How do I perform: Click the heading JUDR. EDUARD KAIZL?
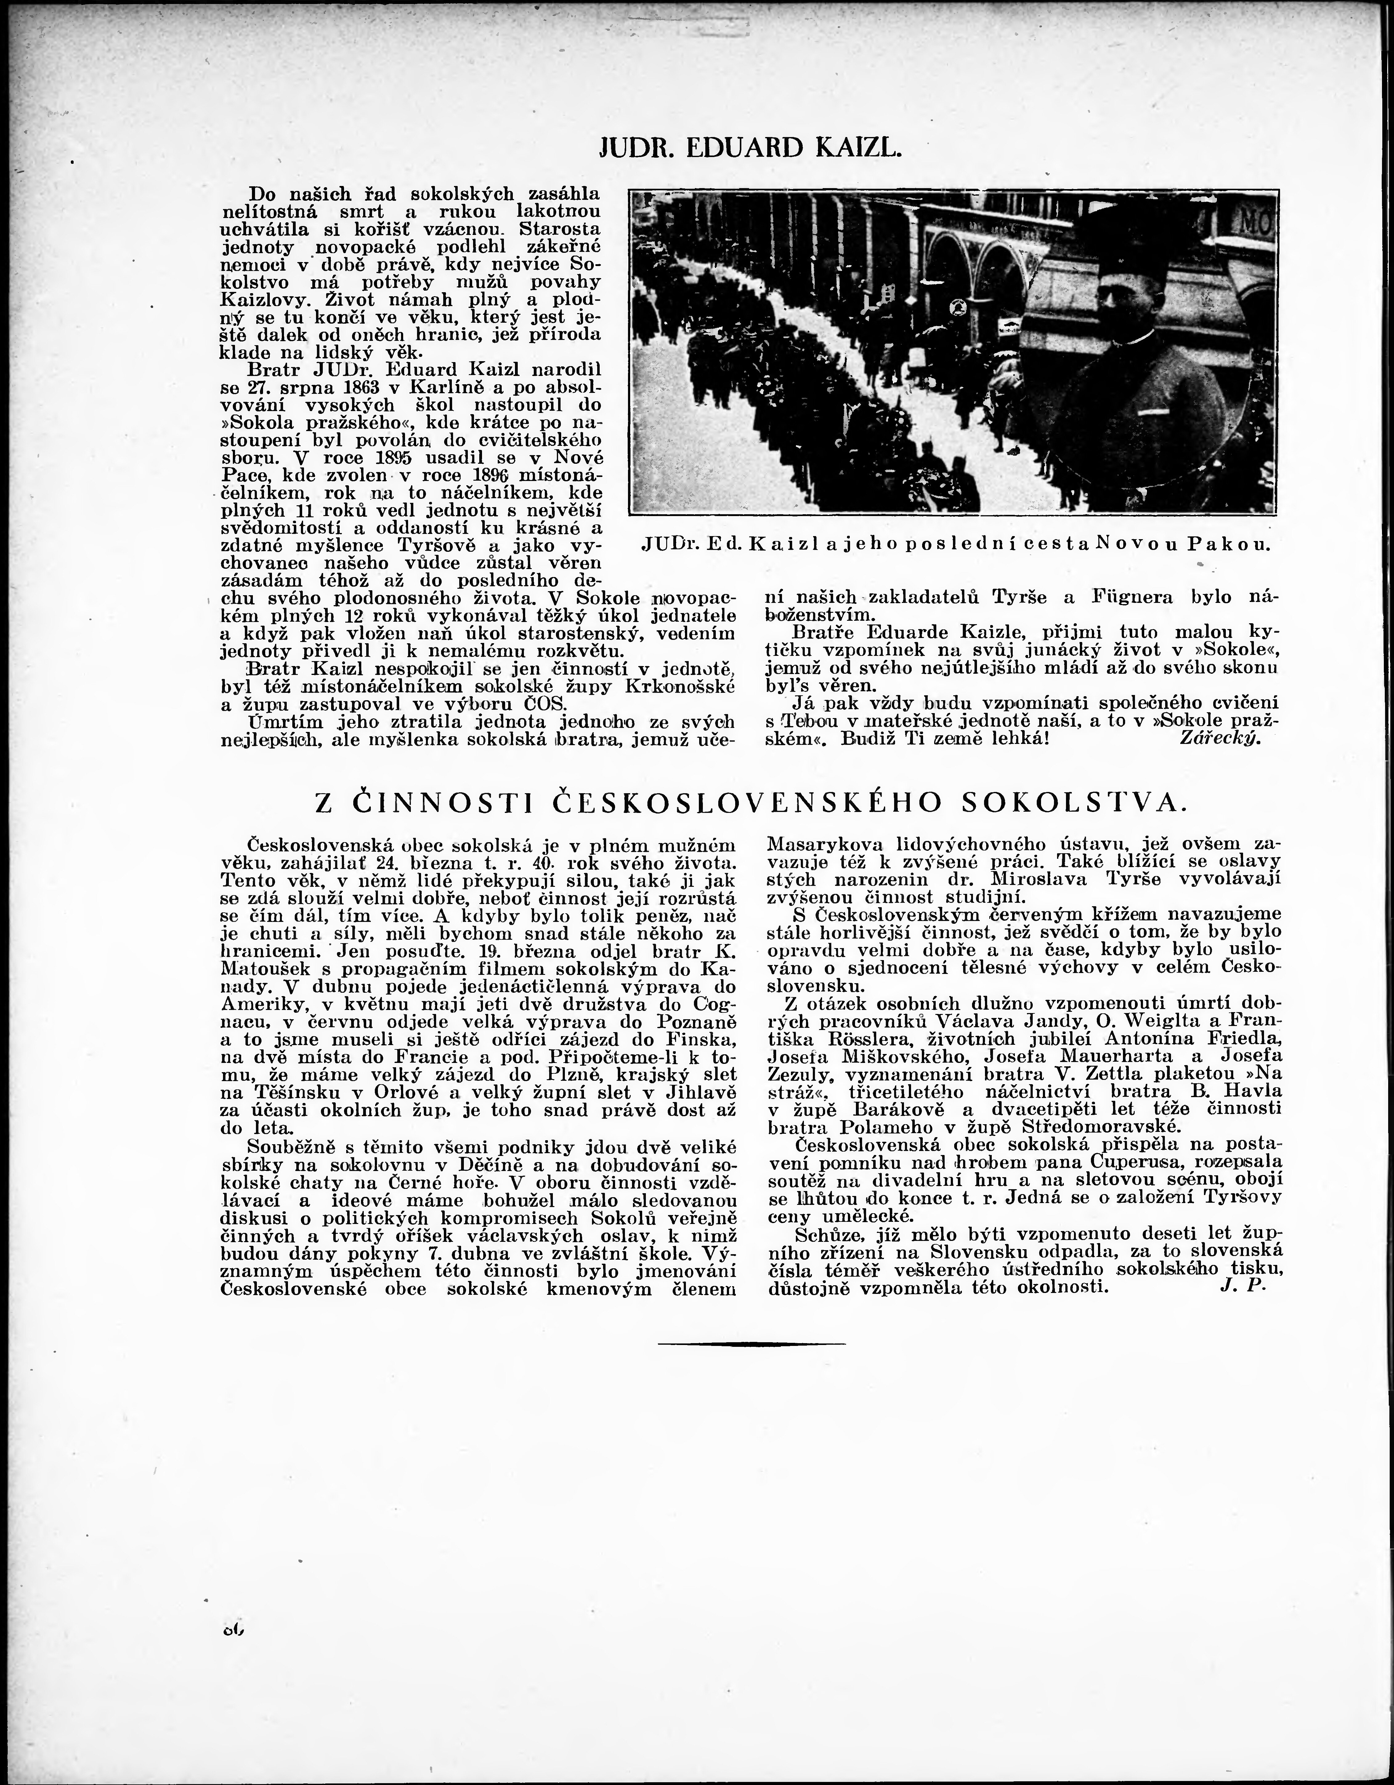coord(751,148)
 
